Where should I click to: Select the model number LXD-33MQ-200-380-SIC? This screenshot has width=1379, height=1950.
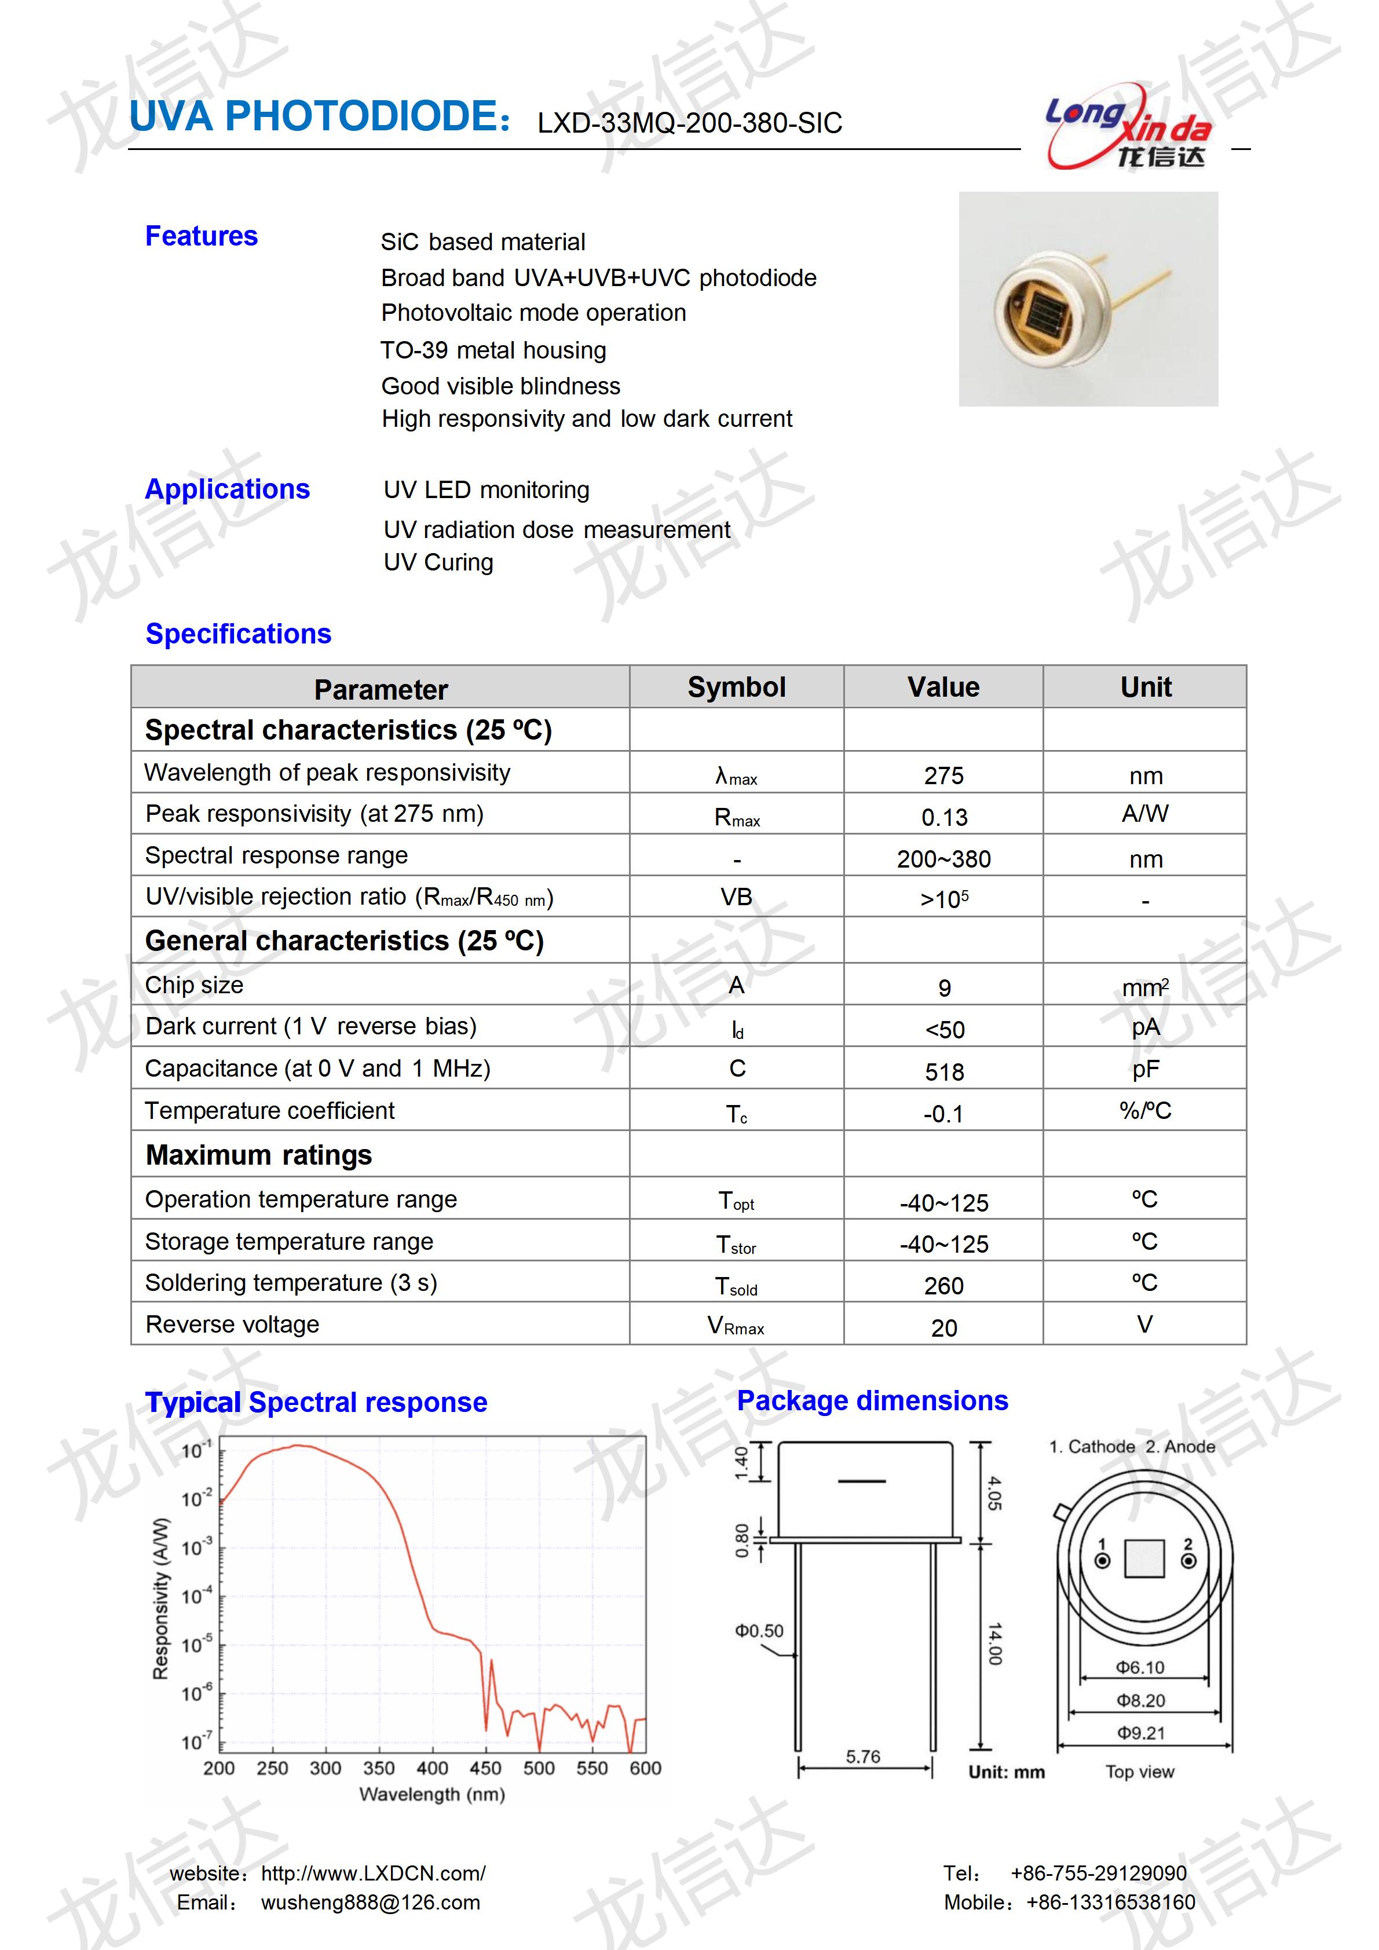(689, 124)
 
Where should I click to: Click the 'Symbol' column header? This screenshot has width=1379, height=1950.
(736, 687)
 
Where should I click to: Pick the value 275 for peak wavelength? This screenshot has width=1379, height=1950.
(943, 775)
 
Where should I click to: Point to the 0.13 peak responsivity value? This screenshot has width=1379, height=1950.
(943, 817)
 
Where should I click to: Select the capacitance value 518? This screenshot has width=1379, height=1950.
(943, 1072)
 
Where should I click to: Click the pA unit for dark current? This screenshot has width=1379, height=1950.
(1144, 1027)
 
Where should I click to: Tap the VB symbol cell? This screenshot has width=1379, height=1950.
(736, 898)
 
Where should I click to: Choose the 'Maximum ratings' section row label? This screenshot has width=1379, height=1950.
(258, 1155)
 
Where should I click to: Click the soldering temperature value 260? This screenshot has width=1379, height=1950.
(943, 1286)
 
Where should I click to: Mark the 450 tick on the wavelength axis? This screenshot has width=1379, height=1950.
(485, 1768)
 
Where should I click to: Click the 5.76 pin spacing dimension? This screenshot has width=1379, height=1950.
(863, 1757)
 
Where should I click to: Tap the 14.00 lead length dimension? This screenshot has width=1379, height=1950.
(994, 1644)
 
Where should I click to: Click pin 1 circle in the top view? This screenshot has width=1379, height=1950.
(1102, 1561)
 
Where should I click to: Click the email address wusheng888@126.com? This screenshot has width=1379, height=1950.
(370, 1903)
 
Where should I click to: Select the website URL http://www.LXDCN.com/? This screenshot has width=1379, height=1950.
(373, 1874)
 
